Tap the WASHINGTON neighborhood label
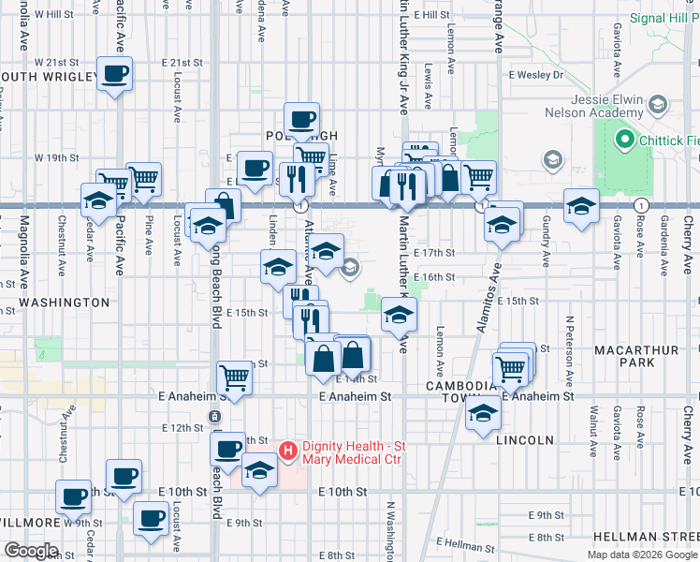click(64, 303)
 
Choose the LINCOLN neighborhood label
click(527, 439)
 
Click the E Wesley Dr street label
click(536, 74)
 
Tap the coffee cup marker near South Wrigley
click(115, 74)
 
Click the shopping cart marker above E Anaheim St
click(235, 378)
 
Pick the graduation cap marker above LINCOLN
click(483, 412)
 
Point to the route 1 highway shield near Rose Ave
click(640, 205)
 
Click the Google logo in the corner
click(32, 551)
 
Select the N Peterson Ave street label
click(568, 351)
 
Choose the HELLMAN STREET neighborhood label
click(645, 537)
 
